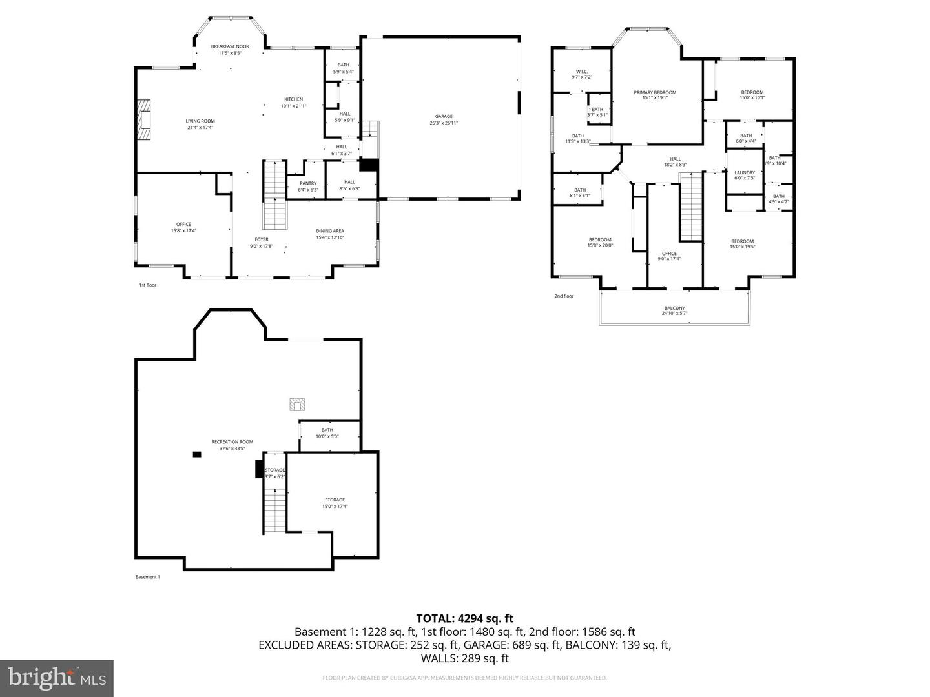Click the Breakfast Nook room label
[x=230, y=50]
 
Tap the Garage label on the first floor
[x=443, y=119]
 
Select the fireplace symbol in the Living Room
[x=145, y=119]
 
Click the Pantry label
[x=308, y=187]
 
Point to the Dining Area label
[x=329, y=234]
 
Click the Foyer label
[x=262, y=243]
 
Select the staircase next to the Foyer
[x=274, y=195]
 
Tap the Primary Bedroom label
[x=654, y=95]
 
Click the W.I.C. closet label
[x=581, y=74]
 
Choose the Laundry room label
[x=745, y=175]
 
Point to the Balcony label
[x=674, y=310]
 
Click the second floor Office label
[x=669, y=256]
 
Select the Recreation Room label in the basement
[x=232, y=445]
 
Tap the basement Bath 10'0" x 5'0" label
[x=327, y=433]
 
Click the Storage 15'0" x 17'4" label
[x=335, y=503]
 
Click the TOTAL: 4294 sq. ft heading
[x=464, y=619]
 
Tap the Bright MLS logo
[x=57, y=678]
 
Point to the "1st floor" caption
[x=147, y=285]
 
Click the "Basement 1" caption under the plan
[x=147, y=577]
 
